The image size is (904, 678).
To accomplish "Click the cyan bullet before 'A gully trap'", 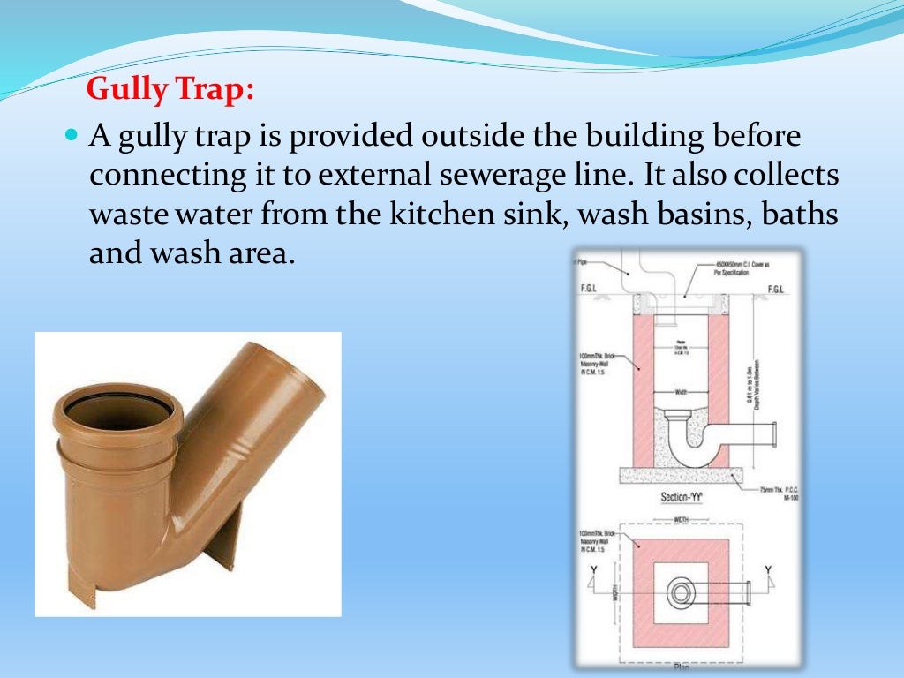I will (x=72, y=139).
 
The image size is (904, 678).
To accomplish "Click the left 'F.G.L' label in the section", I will (x=588, y=289).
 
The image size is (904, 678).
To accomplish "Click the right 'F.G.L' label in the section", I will (x=777, y=289).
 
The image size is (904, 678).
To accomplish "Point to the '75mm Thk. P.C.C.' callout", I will (x=767, y=490).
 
